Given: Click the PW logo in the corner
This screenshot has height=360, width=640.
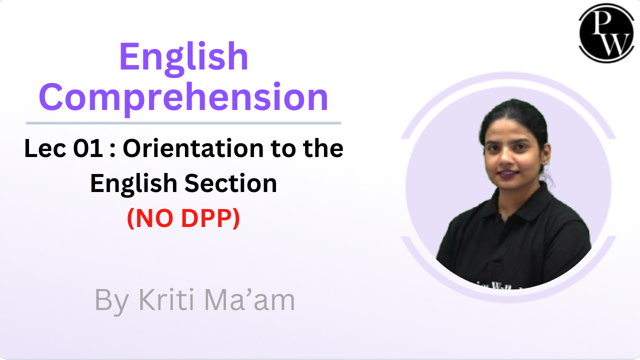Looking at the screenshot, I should coord(606,33).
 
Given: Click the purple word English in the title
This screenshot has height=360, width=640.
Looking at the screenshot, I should coord(183,56).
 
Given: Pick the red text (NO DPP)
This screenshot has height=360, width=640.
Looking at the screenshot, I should coord(183,218).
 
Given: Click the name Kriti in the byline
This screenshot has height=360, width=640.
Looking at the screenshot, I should coord(163,300).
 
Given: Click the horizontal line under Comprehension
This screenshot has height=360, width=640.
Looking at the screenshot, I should coord(183,122).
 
